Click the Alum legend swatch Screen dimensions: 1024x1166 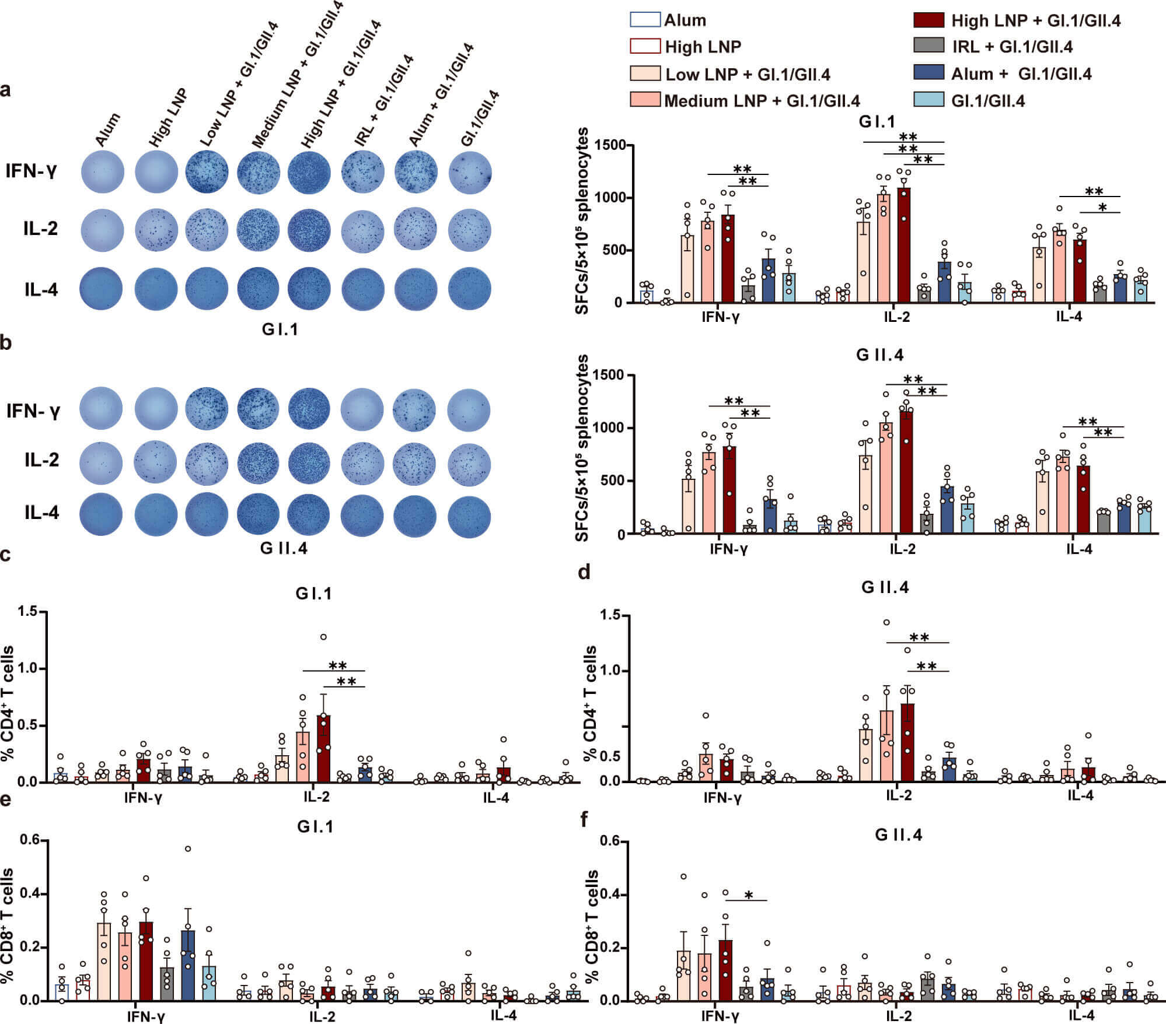645,20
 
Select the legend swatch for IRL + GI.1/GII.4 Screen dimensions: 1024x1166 928,46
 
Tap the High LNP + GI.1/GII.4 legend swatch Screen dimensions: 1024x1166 928,20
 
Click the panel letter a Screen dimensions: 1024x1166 6,90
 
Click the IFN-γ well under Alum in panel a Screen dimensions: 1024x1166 103,172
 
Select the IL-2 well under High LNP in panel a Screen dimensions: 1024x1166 156,231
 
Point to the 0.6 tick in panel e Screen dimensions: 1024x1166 30,840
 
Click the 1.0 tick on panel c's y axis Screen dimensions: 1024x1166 30,668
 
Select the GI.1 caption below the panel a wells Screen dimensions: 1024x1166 280,329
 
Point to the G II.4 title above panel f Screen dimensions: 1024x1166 899,835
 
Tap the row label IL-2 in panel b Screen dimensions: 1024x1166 41,460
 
